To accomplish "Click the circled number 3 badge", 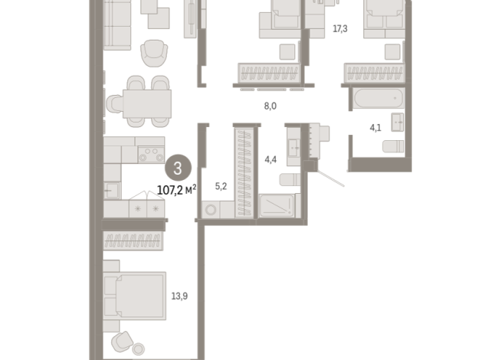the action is coord(178,168).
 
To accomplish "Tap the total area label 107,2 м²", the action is coord(176,191).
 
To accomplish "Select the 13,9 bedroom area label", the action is coord(179,296).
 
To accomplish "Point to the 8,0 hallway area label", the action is coord(270,106).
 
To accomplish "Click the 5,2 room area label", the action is coord(221,186).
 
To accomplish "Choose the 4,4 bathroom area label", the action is coord(270,159).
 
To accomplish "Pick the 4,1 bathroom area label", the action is coord(375,128).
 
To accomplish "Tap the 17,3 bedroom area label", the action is coord(340,29).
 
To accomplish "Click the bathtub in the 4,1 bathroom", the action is coord(379,98).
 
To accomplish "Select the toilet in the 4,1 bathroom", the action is coord(393,146).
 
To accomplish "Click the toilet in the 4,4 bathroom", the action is coord(290,179).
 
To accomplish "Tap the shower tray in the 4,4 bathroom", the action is coord(277,206).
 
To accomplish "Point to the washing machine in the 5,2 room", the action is coord(211,210).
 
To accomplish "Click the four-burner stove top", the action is coord(151,154).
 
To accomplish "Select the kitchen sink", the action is coord(112,190).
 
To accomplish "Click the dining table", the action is coord(147,104).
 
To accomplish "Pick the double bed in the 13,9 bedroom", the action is coord(135,296).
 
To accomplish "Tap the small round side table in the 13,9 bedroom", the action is coord(139,349).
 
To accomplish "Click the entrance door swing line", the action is coord(330,178).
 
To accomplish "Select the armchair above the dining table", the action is coord(154,53).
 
